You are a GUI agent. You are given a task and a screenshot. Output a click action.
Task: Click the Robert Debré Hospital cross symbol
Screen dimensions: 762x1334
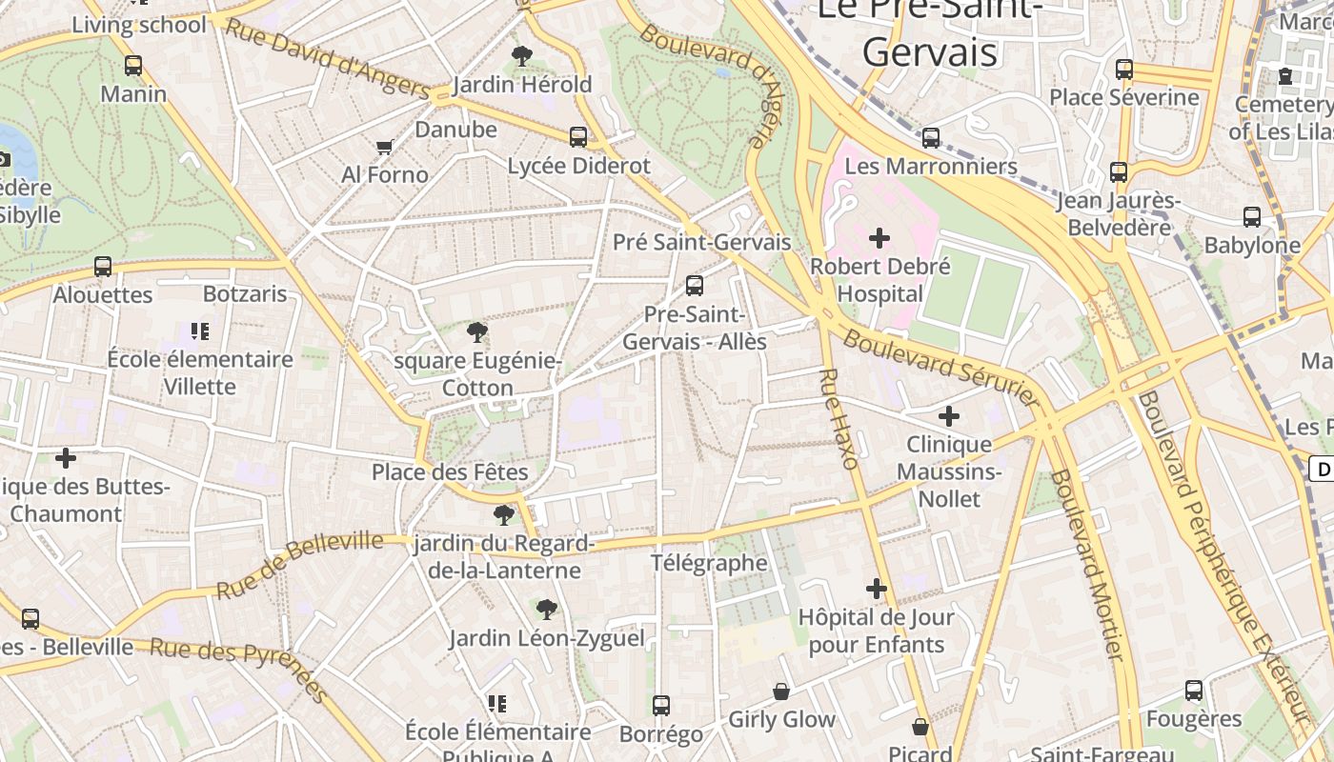pos(879,237)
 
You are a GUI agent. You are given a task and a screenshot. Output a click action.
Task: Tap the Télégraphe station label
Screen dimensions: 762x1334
pos(709,563)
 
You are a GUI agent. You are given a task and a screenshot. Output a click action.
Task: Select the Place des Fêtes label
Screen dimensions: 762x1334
pos(450,471)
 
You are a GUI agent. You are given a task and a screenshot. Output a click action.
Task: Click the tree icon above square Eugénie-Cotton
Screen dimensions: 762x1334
pos(477,332)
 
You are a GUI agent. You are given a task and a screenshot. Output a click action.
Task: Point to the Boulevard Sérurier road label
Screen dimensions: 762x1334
pos(940,368)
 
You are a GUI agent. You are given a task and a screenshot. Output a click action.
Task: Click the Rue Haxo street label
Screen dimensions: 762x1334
pos(838,418)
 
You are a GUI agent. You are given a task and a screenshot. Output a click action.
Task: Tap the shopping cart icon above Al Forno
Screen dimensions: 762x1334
pos(385,147)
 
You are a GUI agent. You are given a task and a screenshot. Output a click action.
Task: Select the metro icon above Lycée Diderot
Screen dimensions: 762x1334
pos(578,136)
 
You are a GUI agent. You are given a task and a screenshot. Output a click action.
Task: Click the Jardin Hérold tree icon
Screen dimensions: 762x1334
pos(521,56)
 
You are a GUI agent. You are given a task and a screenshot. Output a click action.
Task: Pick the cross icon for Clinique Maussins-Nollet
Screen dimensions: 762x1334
pos(949,416)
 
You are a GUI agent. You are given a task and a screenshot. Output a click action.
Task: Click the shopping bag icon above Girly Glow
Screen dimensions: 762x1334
pos(781,691)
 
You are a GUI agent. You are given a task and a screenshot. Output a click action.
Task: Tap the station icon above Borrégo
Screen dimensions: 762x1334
pos(661,706)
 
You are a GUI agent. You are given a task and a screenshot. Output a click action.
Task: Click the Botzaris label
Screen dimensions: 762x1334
pos(245,293)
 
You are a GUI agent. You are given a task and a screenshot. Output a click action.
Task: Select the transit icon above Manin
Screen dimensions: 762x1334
pos(133,66)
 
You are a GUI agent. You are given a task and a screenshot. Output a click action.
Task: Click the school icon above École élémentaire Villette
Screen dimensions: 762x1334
pos(200,331)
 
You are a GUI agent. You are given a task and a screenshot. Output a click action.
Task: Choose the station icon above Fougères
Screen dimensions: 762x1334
pos(1194,691)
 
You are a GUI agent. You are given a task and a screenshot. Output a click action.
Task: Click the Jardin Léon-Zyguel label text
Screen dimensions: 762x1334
pos(547,638)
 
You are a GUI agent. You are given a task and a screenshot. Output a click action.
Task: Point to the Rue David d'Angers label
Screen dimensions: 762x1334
pos(327,59)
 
